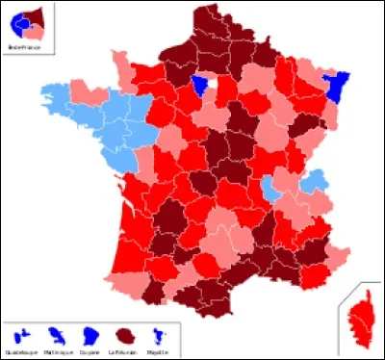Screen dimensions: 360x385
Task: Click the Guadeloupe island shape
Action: (x=20, y=335)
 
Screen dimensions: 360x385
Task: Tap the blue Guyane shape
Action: (x=90, y=335)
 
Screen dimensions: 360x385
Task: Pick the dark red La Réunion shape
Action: (x=125, y=335)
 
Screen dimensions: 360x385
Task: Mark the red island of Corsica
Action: (x=358, y=318)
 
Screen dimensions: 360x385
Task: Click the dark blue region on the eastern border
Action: (x=339, y=87)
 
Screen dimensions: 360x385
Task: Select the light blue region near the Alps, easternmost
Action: (x=312, y=180)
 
